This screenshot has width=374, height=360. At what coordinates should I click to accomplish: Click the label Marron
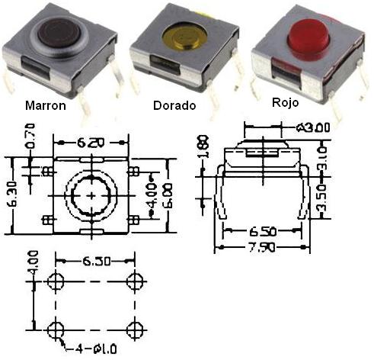pos(46,106)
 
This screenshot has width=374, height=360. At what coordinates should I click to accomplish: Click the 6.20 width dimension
pos(92,142)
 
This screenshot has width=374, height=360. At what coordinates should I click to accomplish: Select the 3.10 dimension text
pos(321,161)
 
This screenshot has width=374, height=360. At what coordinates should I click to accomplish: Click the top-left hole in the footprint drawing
pos(55,280)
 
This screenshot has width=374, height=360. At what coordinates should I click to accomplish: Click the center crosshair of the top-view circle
pos(92,195)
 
